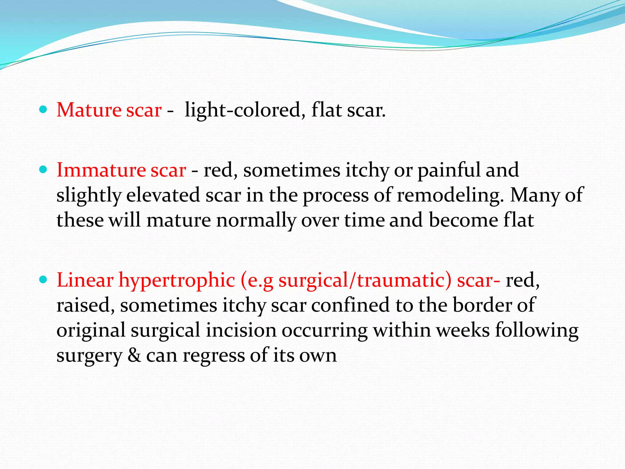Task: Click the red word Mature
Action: (x=89, y=110)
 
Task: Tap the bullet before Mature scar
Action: (x=43, y=109)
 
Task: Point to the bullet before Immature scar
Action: (x=43, y=169)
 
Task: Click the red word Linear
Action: (x=85, y=280)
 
